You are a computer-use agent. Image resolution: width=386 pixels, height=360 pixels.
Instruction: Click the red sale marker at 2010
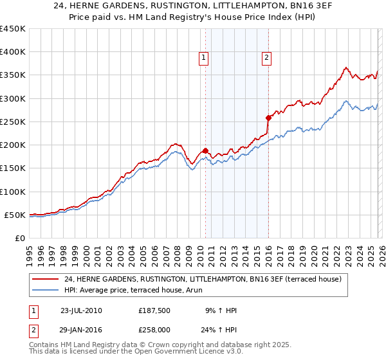205,150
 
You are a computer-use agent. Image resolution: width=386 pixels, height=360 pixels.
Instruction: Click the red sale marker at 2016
268,118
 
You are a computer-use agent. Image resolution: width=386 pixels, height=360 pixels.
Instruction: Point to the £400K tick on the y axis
13,52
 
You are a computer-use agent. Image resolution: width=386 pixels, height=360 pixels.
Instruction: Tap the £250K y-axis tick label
13,122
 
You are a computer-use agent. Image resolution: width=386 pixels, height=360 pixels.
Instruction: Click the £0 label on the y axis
19,238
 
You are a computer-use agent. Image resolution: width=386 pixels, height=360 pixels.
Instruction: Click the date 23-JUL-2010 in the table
80,310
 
